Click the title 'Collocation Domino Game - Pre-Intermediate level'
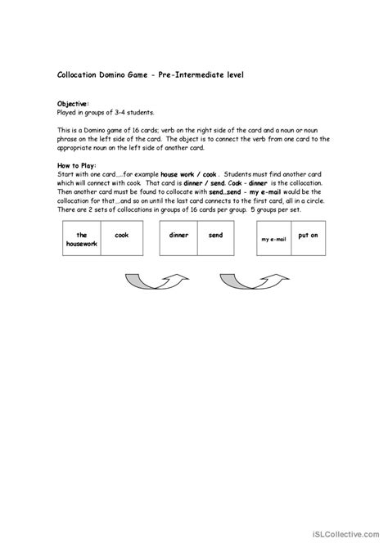tap(150, 74)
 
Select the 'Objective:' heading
tap(73, 104)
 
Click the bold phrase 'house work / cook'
tap(189, 174)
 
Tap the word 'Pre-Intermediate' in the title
tap(193, 74)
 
